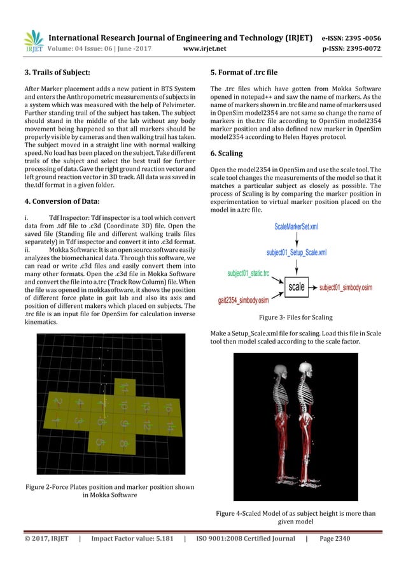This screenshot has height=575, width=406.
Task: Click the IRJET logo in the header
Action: (33, 41)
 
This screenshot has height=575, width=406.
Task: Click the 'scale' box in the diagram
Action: (297, 287)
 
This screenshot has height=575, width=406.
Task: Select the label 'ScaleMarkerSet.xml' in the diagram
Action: (296, 226)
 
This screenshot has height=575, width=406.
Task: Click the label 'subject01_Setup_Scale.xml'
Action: (297, 252)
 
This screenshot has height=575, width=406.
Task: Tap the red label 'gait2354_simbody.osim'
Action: (247, 300)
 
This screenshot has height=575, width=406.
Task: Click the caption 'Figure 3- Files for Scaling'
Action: (296, 317)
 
